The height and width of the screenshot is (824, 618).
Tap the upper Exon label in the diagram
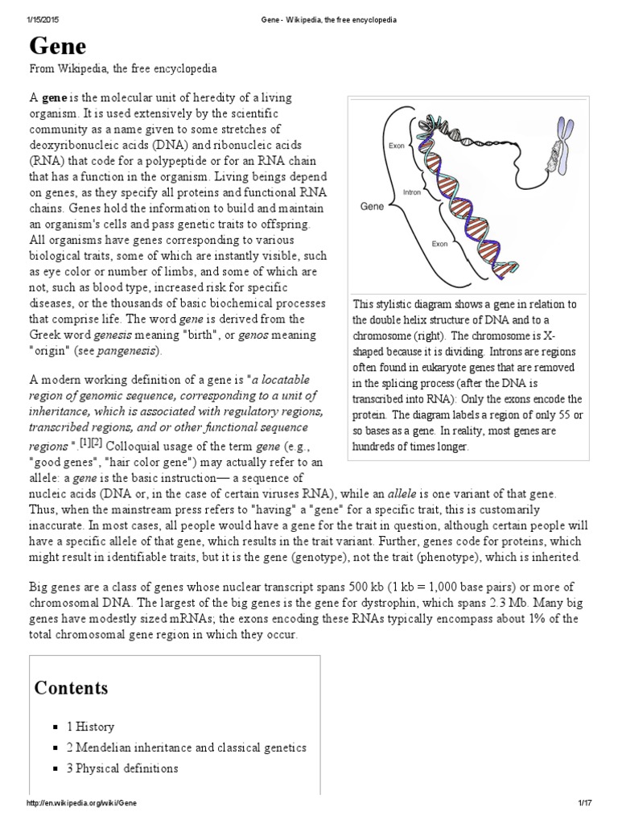coord(396,146)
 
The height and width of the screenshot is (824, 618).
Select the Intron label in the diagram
coord(413,193)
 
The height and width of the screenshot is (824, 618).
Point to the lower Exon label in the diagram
coord(439,243)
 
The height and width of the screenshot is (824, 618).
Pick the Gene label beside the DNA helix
coord(372,207)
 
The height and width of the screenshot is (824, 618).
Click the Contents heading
coord(71,688)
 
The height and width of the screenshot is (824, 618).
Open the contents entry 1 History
coord(90,727)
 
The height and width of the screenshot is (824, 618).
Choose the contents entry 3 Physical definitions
coord(122,768)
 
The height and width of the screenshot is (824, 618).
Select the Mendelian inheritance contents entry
coord(187,748)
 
